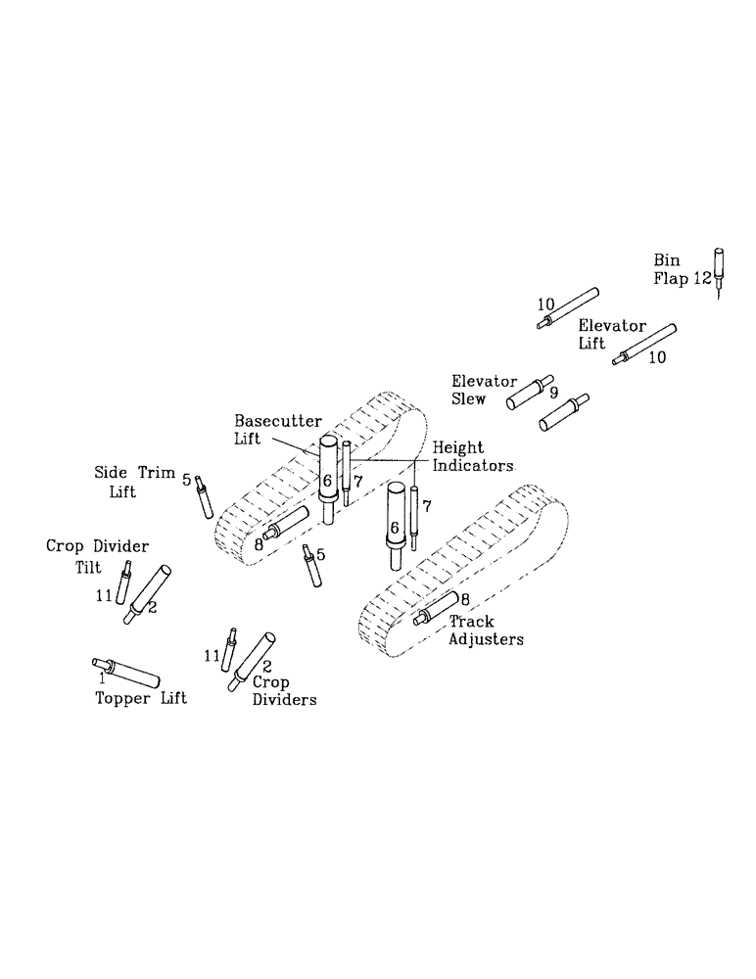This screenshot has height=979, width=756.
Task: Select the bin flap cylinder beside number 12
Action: tap(719, 264)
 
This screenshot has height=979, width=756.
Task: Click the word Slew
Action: tap(469, 398)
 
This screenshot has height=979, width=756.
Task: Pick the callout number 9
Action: tap(553, 392)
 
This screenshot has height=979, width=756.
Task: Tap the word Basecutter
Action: tap(277, 421)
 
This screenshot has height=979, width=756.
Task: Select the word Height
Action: tap(454, 447)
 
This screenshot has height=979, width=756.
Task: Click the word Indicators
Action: tap(473, 465)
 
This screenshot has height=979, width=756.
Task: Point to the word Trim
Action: tap(153, 473)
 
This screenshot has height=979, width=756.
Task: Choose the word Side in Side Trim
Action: tap(111, 473)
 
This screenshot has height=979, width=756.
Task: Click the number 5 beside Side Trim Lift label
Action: tap(186, 479)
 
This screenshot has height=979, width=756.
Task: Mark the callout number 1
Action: tap(101, 675)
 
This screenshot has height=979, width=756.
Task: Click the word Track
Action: tap(471, 622)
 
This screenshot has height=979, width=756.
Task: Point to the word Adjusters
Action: tap(486, 639)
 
